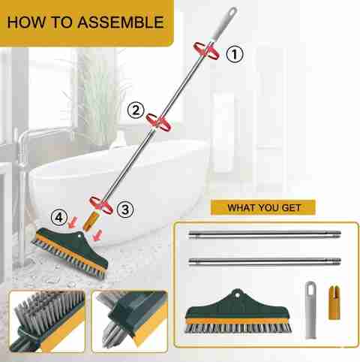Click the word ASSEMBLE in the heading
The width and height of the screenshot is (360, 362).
(x=121, y=22)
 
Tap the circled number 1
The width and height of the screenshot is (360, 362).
(x=235, y=54)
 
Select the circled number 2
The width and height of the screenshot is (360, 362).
(x=136, y=110)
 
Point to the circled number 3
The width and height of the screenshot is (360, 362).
(x=125, y=210)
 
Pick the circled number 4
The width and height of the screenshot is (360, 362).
(x=59, y=217)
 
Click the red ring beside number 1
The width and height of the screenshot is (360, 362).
(x=206, y=51)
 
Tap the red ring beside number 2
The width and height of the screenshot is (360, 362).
(x=159, y=122)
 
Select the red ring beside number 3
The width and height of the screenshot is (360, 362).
(x=101, y=205)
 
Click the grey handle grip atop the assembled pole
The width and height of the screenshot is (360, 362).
(x=224, y=24)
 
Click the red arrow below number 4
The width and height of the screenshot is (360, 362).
(x=73, y=222)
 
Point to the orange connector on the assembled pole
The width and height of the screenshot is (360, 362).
(x=91, y=221)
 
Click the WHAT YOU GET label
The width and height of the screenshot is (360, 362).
(x=263, y=207)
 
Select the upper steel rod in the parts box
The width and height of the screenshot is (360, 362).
(x=265, y=235)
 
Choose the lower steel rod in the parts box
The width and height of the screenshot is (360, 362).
(x=265, y=262)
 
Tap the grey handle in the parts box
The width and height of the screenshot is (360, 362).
(x=310, y=310)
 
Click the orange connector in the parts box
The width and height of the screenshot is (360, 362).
(x=334, y=303)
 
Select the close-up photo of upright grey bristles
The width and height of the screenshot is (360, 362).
(x=47, y=321)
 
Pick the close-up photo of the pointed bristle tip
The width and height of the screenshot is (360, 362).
(x=130, y=321)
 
